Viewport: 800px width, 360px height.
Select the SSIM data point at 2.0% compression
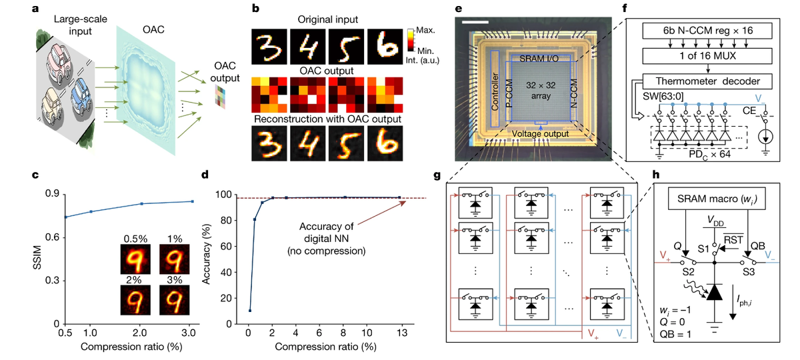click(141, 203)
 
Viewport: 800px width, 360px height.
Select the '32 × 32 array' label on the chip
click(536, 94)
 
